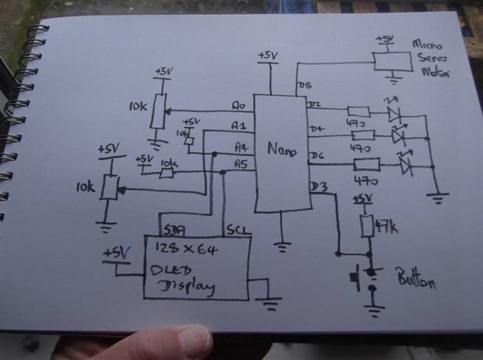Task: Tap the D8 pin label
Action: point(304,84)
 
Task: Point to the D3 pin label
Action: point(318,186)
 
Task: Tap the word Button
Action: point(417,282)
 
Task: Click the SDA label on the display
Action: point(174,231)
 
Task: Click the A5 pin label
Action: point(241,164)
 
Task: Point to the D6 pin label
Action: point(316,156)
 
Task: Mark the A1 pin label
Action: point(239,125)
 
